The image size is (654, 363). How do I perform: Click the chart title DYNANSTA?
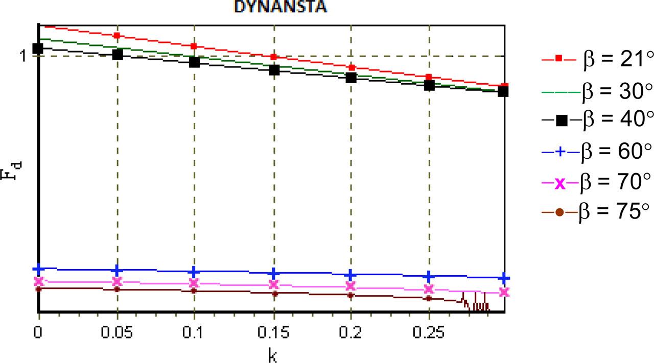pyautogui.click(x=281, y=7)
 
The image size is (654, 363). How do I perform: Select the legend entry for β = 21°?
pyautogui.click(x=597, y=59)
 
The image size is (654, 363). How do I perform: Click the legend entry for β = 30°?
pyautogui.click(x=597, y=91)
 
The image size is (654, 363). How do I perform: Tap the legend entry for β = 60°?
pyautogui.click(x=597, y=152)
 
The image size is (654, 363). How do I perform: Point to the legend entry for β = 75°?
pyautogui.click(x=597, y=211)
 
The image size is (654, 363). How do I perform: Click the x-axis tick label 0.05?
pyautogui.click(x=118, y=333)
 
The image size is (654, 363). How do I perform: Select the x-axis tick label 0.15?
pyautogui.click(x=274, y=333)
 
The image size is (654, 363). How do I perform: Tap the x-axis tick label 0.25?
pyautogui.click(x=429, y=333)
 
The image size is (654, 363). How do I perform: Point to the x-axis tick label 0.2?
pyautogui.click(x=351, y=333)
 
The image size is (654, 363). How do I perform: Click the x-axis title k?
pyautogui.click(x=272, y=354)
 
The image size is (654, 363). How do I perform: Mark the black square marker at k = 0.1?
pyautogui.click(x=194, y=62)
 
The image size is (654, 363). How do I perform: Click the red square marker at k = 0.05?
pyautogui.click(x=117, y=36)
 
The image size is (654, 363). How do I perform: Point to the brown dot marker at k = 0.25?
pyautogui.click(x=429, y=299)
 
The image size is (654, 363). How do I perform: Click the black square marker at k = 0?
pyautogui.click(x=38, y=49)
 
